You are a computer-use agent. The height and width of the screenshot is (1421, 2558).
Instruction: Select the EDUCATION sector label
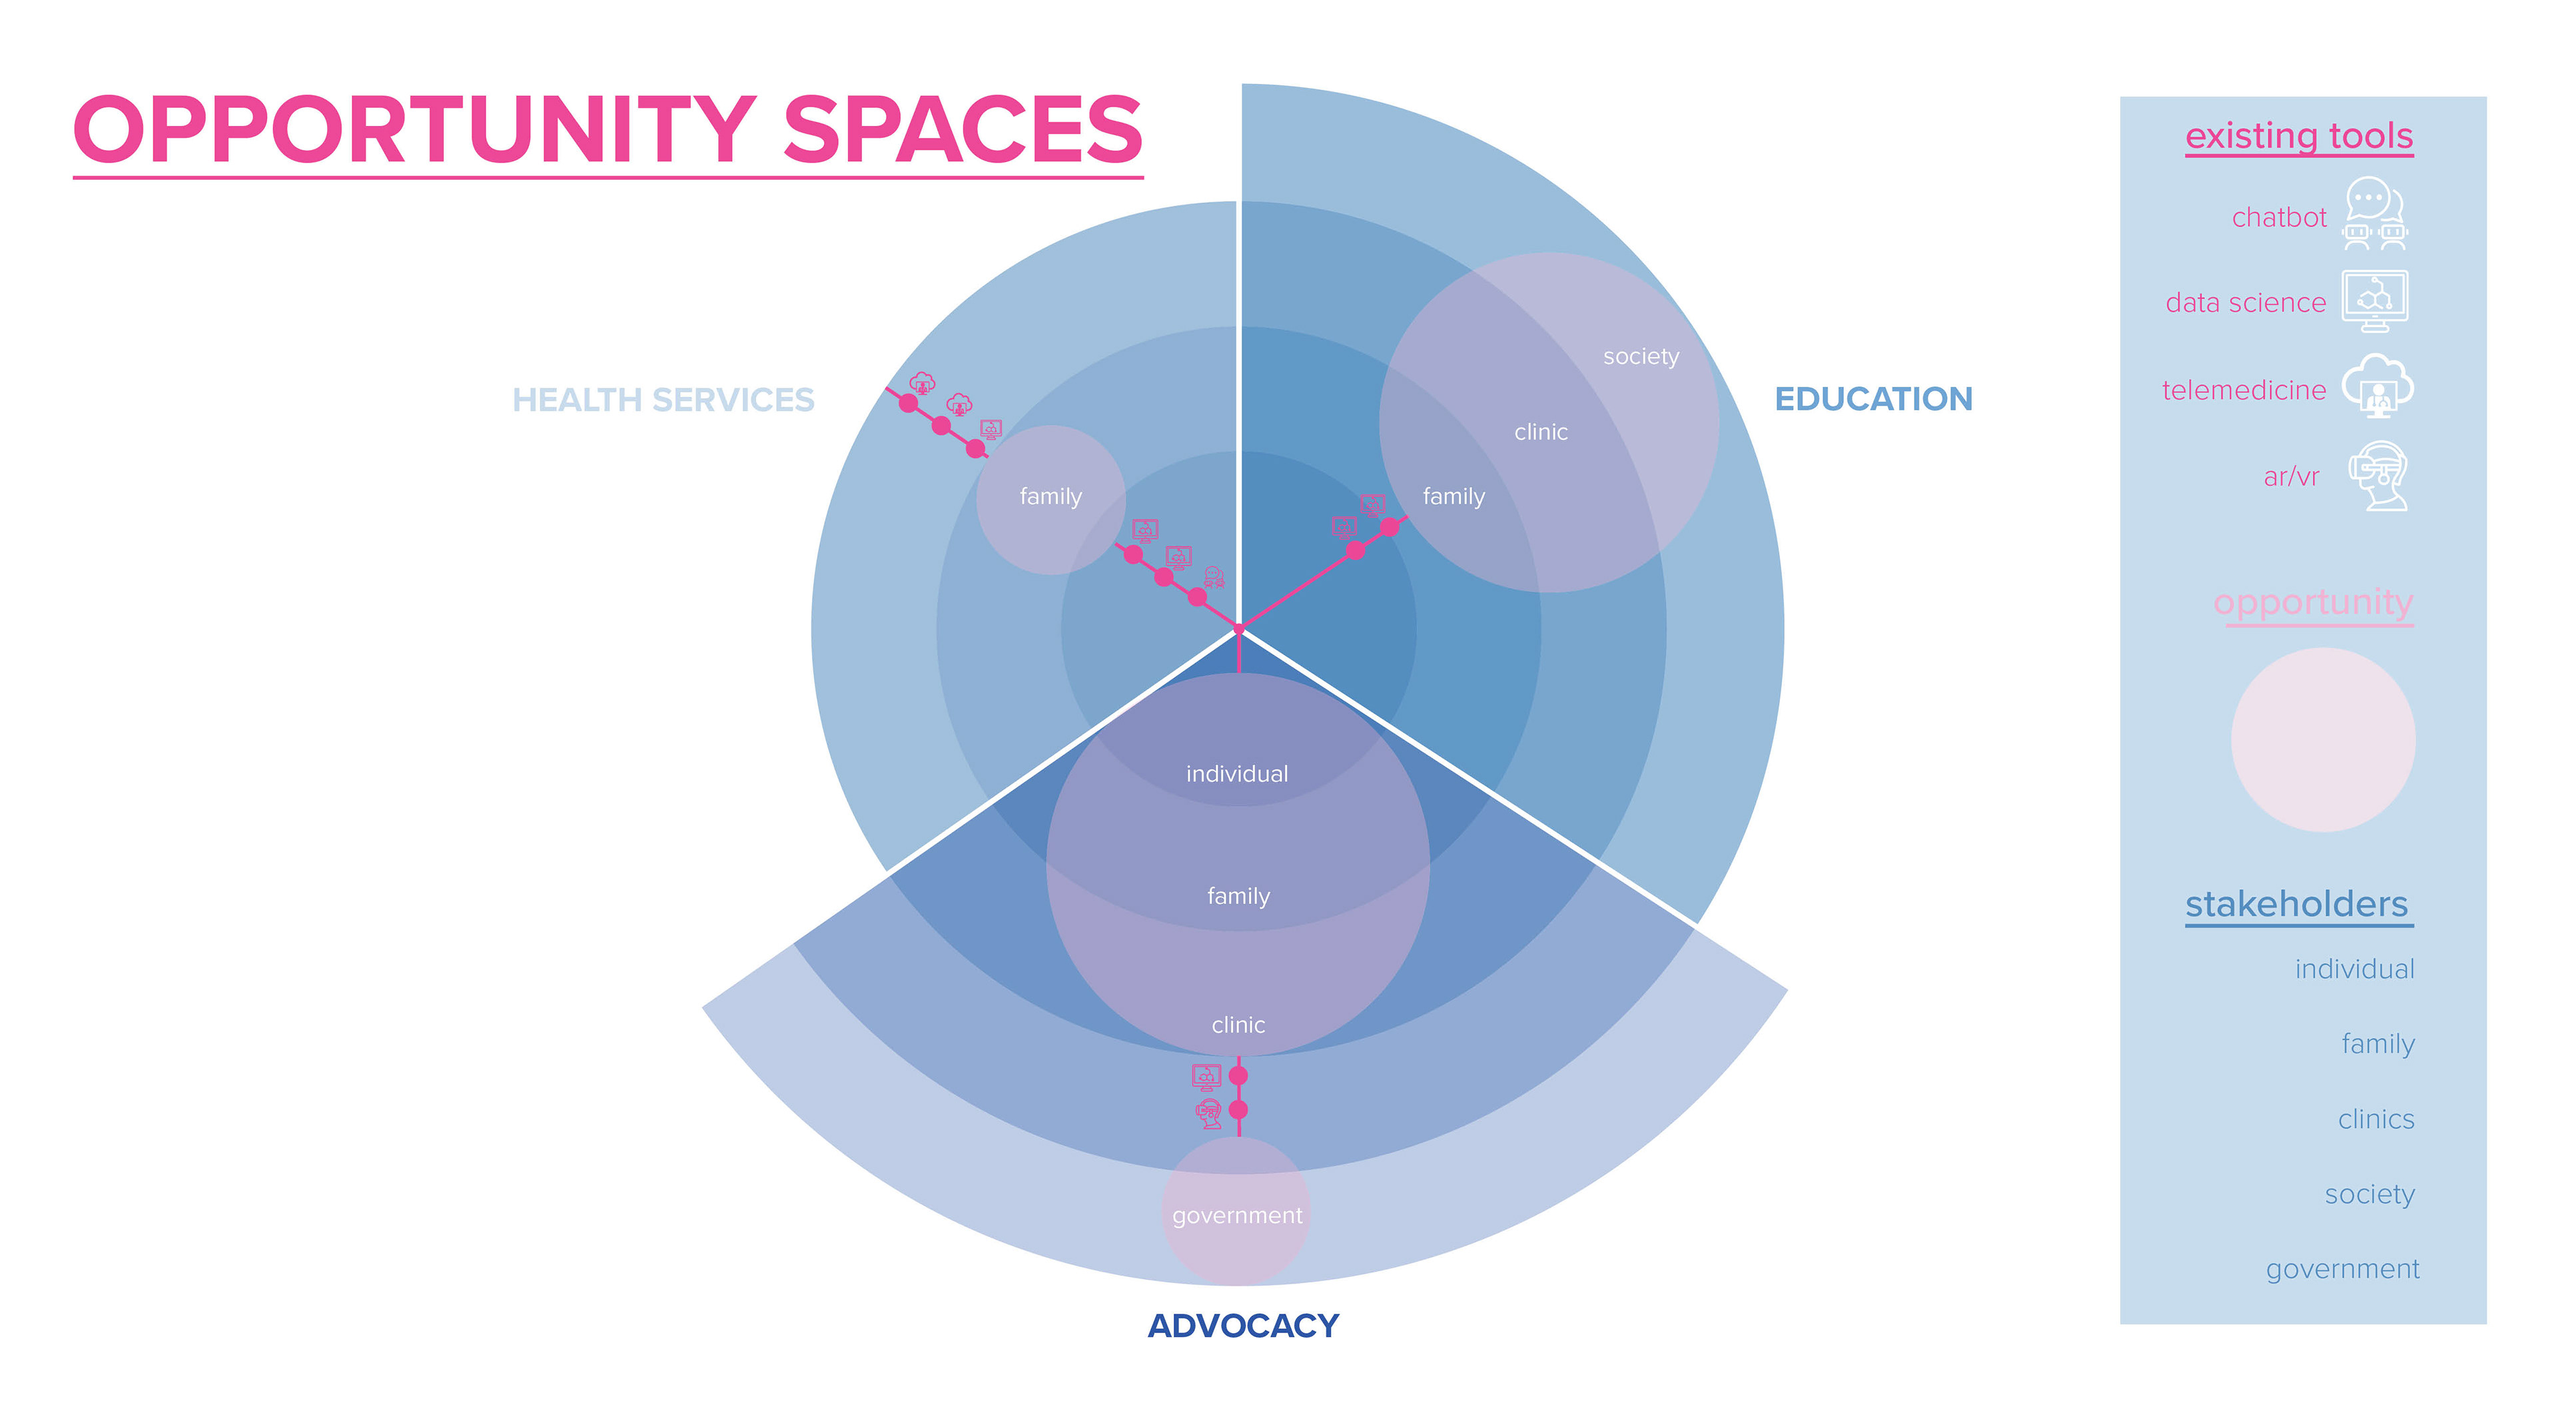1873,399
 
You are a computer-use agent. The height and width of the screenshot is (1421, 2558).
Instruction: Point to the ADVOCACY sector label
1242,1326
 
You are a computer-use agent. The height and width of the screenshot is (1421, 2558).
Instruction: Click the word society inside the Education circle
1641,356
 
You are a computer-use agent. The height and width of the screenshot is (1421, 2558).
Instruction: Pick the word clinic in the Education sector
1540,432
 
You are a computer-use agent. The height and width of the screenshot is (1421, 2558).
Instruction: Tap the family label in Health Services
1051,496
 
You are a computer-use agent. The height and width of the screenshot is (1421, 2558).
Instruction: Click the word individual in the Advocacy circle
1236,773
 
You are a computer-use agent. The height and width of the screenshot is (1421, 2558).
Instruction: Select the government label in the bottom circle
1236,1215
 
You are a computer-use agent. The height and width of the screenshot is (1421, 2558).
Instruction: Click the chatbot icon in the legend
2374,213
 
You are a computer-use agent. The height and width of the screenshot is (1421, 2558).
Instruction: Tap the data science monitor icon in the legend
2374,300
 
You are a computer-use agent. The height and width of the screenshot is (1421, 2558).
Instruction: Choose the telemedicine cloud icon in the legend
2376,386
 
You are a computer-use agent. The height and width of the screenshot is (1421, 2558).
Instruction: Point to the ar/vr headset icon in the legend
2377,476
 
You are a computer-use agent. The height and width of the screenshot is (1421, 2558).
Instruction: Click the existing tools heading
2299,136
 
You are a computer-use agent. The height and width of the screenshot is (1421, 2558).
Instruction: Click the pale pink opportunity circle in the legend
2323,739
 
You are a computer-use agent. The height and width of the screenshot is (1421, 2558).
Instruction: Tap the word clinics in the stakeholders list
2375,1119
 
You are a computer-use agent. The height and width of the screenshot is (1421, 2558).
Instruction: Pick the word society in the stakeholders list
2369,1194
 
